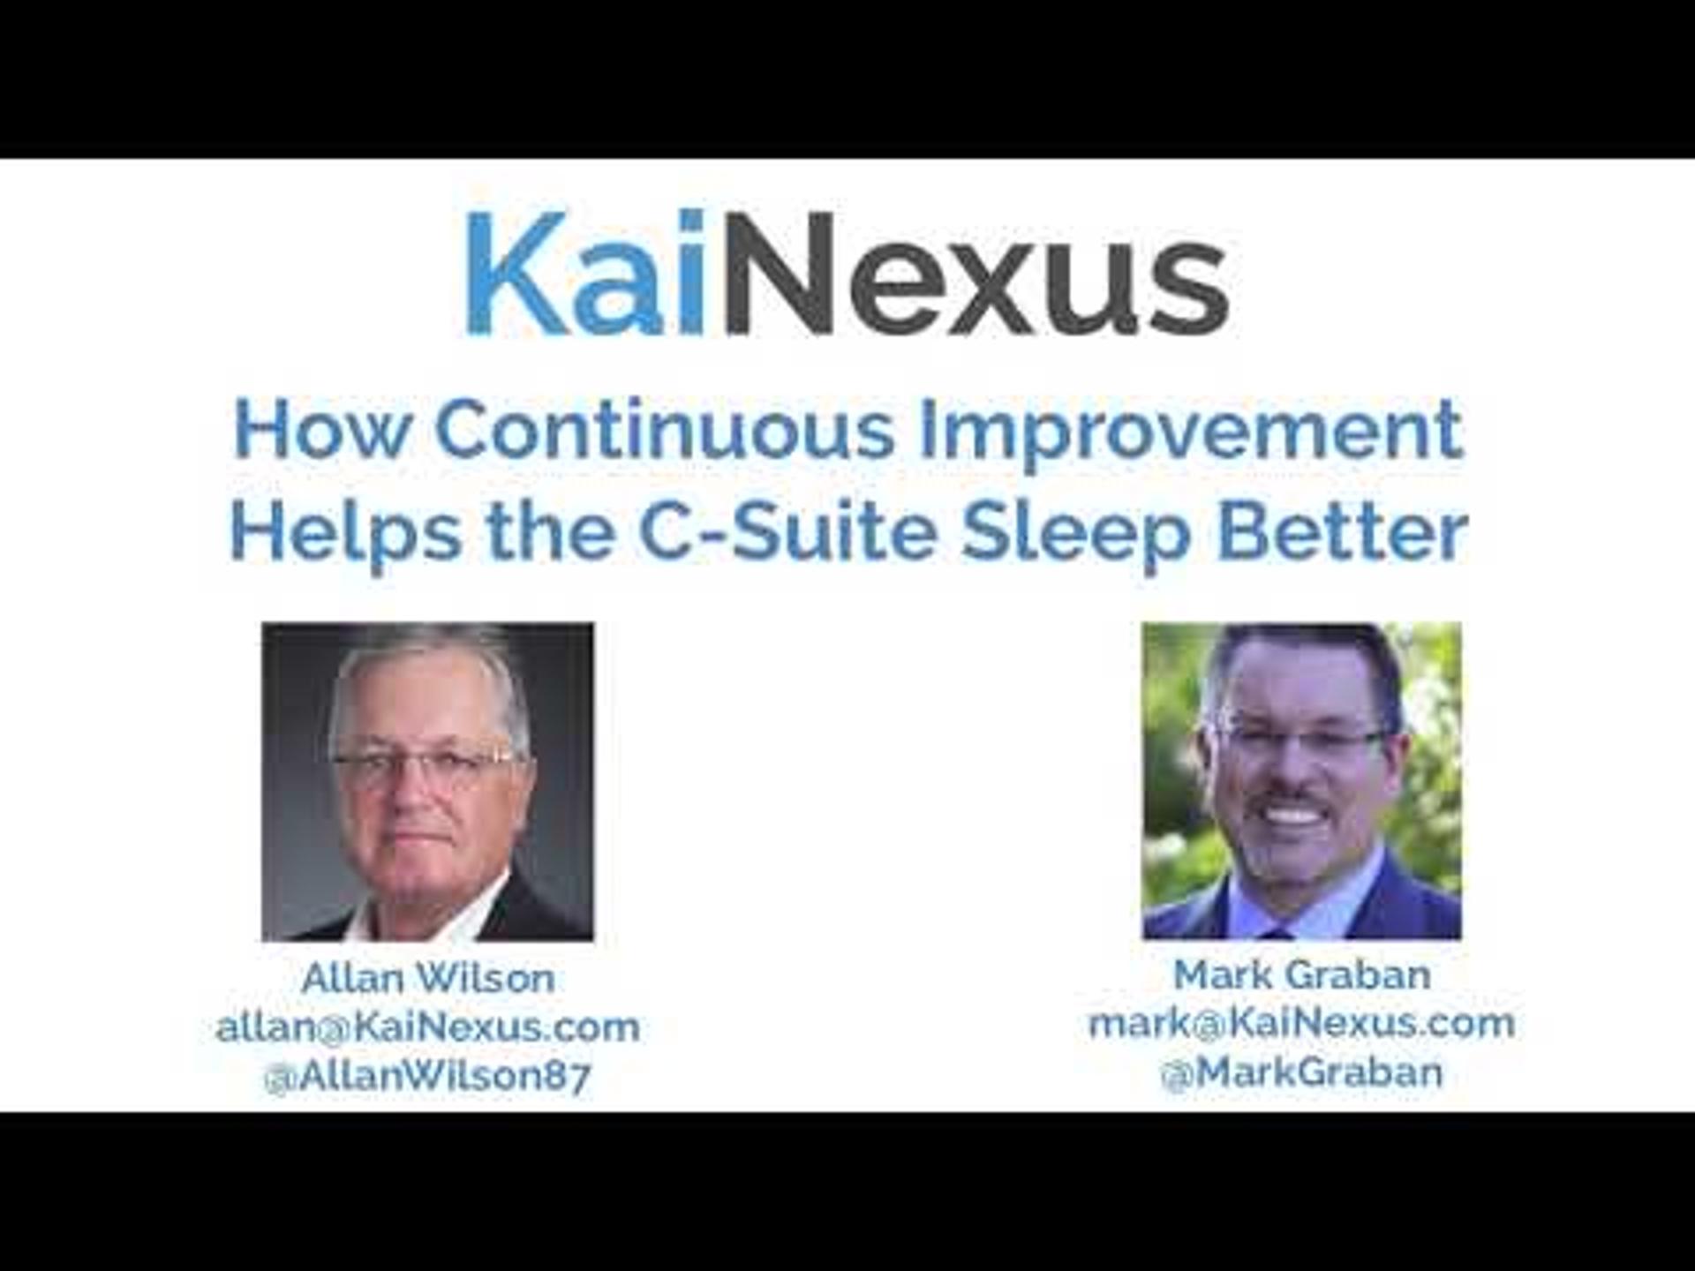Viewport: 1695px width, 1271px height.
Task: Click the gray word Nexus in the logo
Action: pos(977,273)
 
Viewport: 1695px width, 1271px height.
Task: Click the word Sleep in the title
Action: pos(1077,535)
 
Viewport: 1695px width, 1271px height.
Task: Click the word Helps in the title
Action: pos(345,535)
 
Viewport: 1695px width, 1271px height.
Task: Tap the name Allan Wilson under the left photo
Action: pos(428,978)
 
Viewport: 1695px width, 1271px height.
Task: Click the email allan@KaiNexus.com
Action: pos(428,1027)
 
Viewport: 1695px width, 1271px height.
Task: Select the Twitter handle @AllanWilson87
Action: pos(427,1076)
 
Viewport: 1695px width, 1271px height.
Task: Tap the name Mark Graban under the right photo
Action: pos(1302,974)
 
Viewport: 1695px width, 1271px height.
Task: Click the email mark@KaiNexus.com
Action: pos(1302,1023)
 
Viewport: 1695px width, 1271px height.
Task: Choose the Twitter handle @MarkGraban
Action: pos(1302,1072)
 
